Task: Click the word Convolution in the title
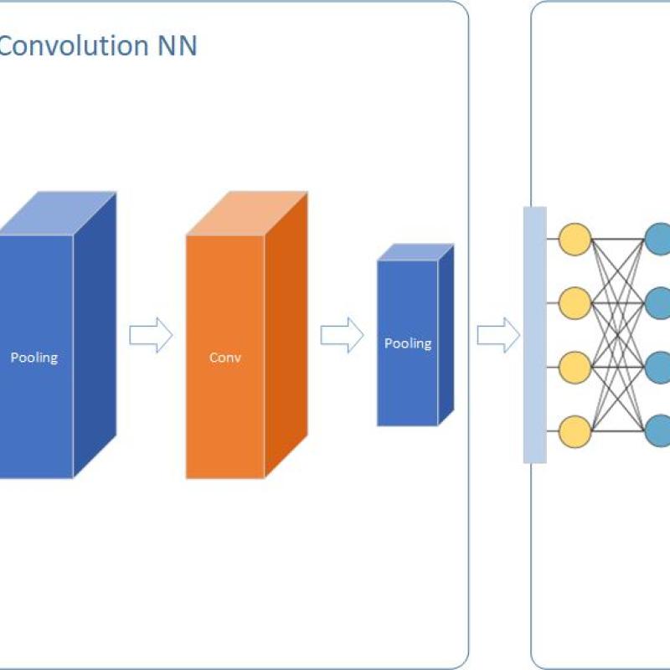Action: (74, 46)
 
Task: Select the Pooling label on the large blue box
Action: (34, 358)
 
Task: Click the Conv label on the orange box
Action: (225, 358)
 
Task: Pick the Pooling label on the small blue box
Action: (408, 343)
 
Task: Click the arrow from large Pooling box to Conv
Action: (151, 336)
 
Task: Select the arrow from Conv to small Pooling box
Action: (342, 336)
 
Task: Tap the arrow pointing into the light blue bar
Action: (498, 336)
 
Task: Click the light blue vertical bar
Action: (534, 335)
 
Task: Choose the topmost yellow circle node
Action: (575, 239)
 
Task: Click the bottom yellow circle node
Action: (575, 431)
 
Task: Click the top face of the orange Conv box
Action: (247, 214)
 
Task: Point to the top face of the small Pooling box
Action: (416, 252)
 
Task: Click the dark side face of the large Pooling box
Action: (95, 335)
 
